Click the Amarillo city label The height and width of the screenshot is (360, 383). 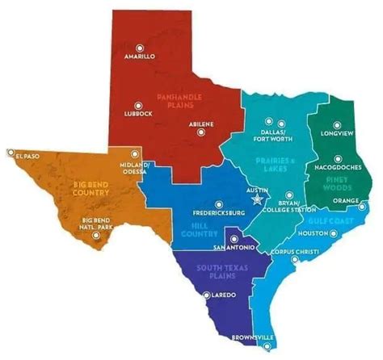[140, 58]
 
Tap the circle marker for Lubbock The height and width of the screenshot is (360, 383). [138, 105]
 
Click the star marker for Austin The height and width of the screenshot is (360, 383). [258, 199]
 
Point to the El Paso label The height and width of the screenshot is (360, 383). [29, 152]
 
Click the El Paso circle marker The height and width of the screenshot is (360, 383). [11, 152]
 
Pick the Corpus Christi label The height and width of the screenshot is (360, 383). [279, 253]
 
